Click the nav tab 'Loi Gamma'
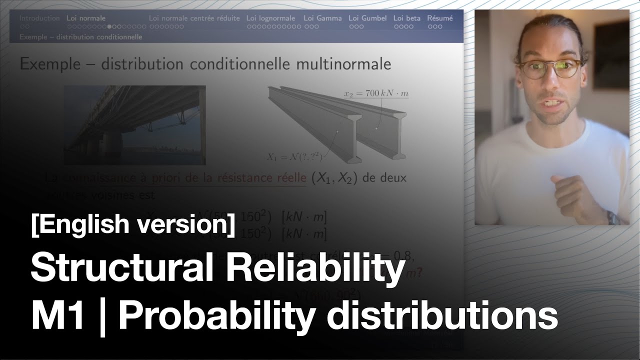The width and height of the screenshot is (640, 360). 322,18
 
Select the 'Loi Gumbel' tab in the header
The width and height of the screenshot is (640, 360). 367,18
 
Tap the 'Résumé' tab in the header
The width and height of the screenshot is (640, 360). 439,18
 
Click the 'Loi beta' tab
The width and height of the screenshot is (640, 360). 406,18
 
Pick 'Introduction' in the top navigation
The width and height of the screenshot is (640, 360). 39,18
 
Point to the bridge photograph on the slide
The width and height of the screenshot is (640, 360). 134,125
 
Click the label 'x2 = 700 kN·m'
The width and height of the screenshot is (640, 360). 376,93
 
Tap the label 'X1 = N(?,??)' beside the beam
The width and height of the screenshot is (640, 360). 294,156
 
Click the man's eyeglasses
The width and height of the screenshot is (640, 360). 551,68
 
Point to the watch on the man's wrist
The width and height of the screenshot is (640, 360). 611,217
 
